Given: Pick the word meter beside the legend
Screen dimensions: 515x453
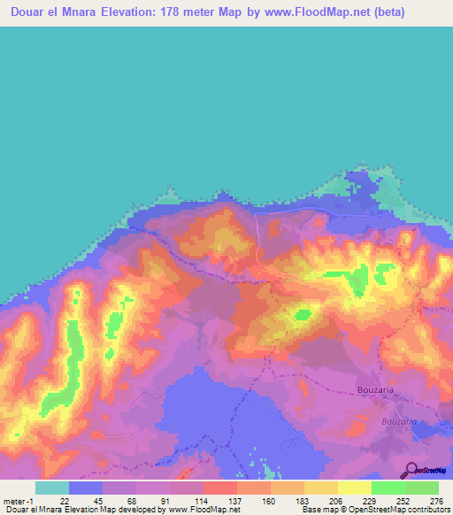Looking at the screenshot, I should coord(16,502).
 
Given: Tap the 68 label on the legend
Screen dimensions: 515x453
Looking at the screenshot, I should coord(133,502).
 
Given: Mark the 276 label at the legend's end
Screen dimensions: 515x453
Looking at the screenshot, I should coord(435,502).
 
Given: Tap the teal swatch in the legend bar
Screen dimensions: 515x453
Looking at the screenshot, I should coord(51,488).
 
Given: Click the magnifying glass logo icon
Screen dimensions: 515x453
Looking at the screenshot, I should coord(410,471).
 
